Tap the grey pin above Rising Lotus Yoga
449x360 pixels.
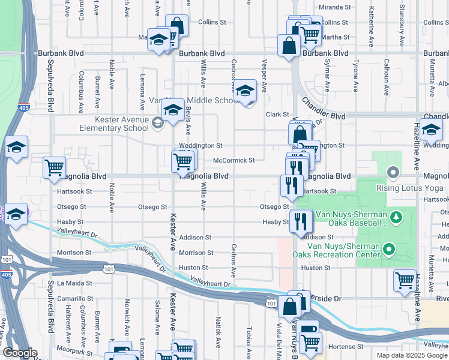point(394,173)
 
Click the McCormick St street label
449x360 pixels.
point(234,160)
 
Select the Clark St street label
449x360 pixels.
point(278,115)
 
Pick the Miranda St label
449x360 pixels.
point(334,7)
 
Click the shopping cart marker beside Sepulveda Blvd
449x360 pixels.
point(55,167)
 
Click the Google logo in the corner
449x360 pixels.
point(20,353)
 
